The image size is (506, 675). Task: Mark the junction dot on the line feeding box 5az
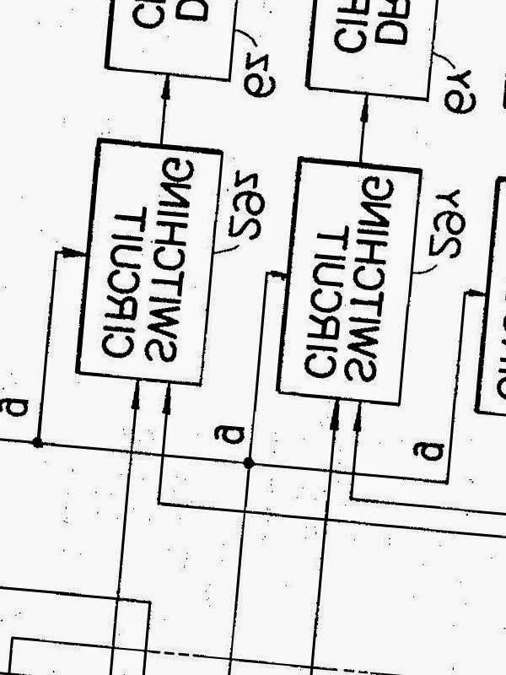pos(37,442)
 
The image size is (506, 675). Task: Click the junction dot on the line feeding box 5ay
pos(248,462)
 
